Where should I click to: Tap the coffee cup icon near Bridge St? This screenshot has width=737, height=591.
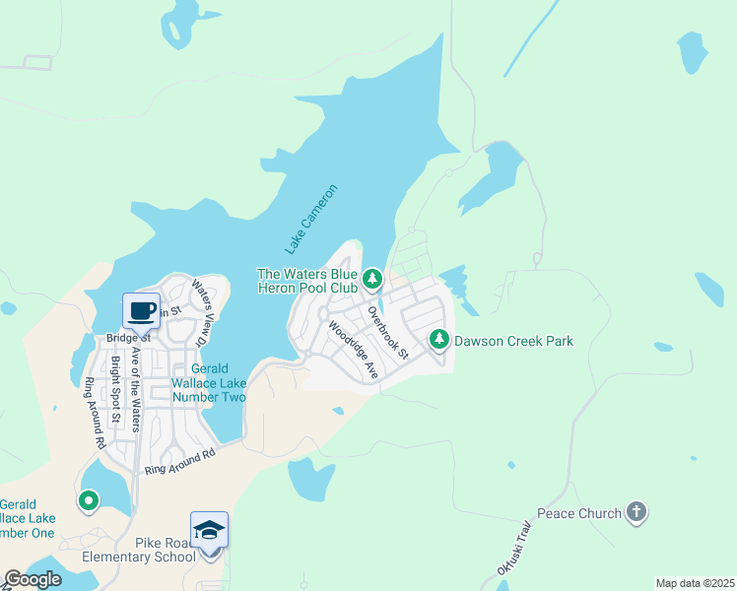[x=141, y=310]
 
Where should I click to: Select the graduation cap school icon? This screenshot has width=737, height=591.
[x=210, y=530]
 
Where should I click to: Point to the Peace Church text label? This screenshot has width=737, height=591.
[x=578, y=513]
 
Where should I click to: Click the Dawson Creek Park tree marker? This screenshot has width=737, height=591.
[x=438, y=340]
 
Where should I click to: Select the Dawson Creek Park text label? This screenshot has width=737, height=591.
[x=512, y=342]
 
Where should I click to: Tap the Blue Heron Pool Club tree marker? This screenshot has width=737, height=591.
[x=372, y=280]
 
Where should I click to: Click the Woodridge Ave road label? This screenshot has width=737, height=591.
[x=354, y=350]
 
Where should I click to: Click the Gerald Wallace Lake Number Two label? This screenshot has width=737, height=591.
[x=208, y=382]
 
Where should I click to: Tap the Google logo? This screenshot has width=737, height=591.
[x=33, y=579]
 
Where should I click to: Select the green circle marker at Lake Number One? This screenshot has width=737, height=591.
[x=89, y=501]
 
